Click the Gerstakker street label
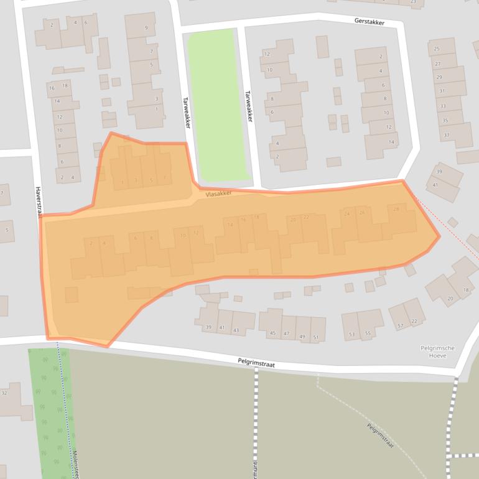coord(369,22)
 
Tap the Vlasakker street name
coord(218,194)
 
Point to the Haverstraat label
coord(38,202)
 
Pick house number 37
coord(446,135)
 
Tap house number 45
coord(272,333)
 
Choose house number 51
coord(316,338)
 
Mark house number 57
coord(401,326)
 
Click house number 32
coord(4,393)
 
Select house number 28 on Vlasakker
coord(396,210)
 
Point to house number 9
coord(146,28)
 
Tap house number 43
coord(236,330)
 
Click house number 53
coord(352,334)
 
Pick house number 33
coord(442,106)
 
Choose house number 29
coord(439,77)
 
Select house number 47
coord(286,335)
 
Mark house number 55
coord(368,333)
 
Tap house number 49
coord(302,337)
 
